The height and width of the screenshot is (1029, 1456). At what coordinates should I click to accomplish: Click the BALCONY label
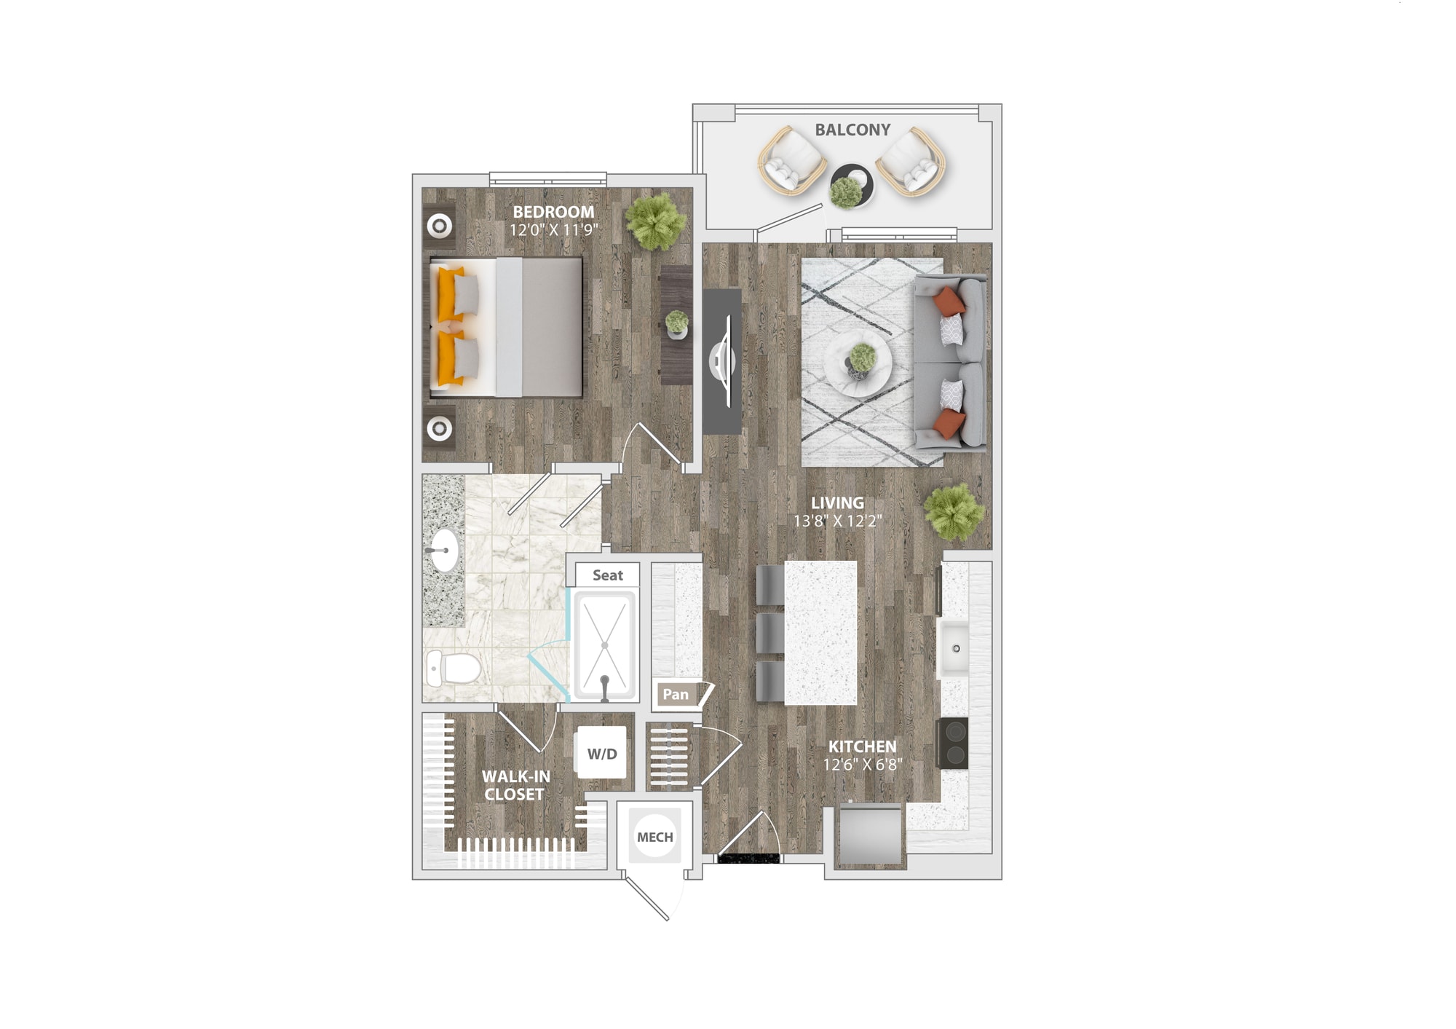point(852,130)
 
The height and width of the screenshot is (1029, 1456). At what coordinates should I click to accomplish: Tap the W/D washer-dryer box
point(602,753)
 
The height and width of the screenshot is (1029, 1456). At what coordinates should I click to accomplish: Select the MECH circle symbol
point(655,837)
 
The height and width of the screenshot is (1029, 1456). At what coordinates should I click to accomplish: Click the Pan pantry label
point(676,694)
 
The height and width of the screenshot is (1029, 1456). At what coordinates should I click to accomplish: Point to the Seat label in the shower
point(608,575)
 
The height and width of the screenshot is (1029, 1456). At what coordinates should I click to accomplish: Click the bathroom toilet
point(453,668)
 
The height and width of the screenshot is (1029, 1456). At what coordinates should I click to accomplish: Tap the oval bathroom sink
point(444,551)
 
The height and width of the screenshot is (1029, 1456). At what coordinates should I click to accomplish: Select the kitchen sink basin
point(954,647)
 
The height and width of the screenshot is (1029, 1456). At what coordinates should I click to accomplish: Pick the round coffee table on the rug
point(858,363)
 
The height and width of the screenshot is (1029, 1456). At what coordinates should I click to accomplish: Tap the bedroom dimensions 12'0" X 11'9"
point(553,230)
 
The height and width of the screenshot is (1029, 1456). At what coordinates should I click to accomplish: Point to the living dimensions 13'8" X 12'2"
point(837,521)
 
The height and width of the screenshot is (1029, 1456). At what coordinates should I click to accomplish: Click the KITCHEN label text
point(863,746)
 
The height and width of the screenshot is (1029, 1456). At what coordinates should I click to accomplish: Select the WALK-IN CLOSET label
point(515,785)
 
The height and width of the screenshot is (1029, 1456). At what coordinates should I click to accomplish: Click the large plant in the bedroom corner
point(655,221)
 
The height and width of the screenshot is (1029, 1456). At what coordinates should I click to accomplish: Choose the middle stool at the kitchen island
point(770,633)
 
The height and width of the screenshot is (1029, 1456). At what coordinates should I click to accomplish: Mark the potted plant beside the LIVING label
point(954,512)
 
